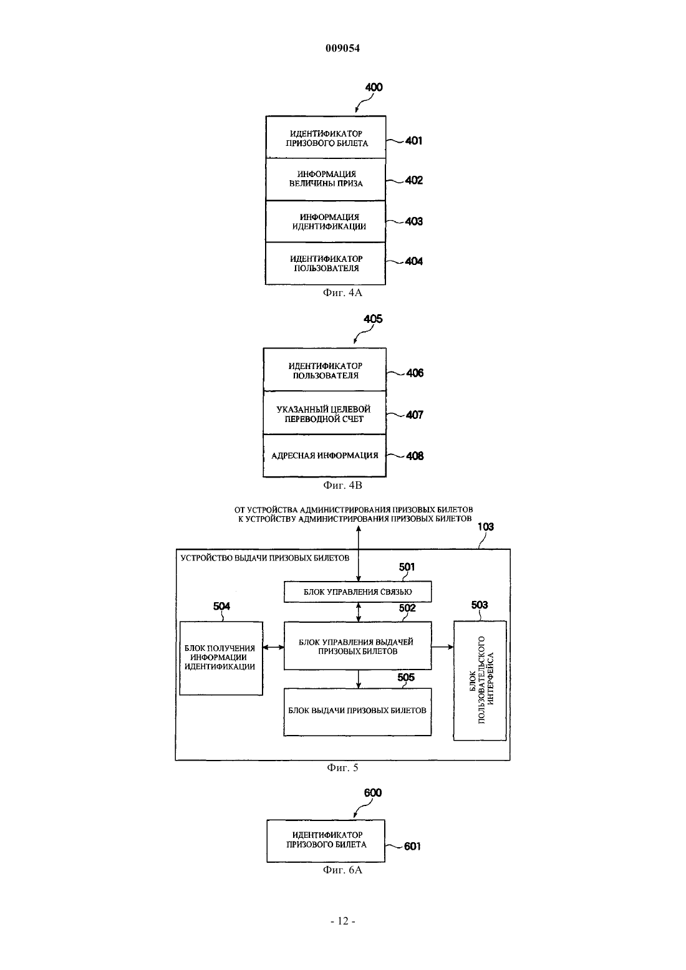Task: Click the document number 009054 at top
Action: point(342,48)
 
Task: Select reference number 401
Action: point(413,141)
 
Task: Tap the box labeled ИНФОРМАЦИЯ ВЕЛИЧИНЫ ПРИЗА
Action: point(326,179)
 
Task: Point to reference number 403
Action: point(413,221)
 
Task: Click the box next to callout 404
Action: point(326,263)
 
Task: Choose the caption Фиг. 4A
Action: point(342,293)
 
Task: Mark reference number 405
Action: point(373,319)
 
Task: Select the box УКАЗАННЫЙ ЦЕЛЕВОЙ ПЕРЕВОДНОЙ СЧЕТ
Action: point(324,413)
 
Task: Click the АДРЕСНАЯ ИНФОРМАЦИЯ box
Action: point(324,456)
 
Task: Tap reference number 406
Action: point(415,373)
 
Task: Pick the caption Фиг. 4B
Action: point(342,486)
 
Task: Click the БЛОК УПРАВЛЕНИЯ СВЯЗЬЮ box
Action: point(358,592)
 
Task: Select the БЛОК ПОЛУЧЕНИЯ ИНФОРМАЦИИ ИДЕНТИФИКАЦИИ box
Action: point(221,658)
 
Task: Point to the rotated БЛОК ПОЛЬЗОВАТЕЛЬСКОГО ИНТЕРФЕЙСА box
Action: point(480,681)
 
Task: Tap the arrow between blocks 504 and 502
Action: point(273,647)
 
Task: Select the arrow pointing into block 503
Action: point(443,647)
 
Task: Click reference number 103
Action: point(485,527)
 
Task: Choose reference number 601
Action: point(412,846)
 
